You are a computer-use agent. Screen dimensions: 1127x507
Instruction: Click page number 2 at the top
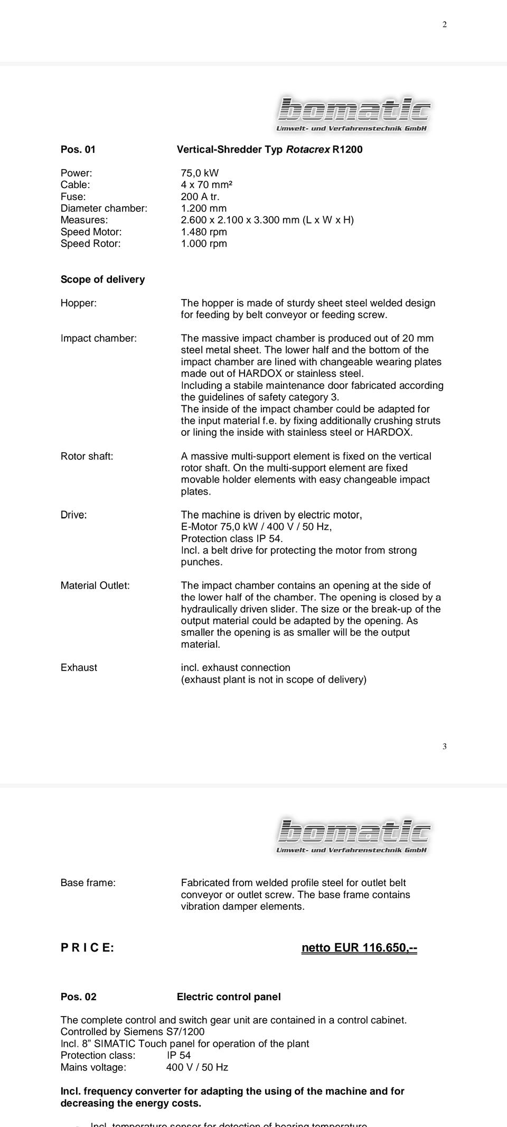(x=445, y=24)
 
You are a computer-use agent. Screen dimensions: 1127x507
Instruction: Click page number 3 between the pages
(x=445, y=747)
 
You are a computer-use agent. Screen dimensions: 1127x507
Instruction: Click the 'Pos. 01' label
(x=78, y=150)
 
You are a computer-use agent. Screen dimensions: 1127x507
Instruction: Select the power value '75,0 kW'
(x=200, y=173)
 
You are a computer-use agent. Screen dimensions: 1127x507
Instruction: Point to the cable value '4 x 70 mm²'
(x=206, y=185)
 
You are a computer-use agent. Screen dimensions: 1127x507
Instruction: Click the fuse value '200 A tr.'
(x=200, y=197)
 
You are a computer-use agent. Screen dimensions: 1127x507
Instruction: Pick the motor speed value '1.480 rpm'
(x=204, y=232)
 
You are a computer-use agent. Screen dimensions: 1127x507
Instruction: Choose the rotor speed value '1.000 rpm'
(x=204, y=244)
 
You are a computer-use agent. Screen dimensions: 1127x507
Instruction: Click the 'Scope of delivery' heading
(x=102, y=280)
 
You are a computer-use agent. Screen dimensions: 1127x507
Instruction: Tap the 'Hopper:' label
(x=79, y=303)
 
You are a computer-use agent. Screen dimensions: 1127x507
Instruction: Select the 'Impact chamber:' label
(x=99, y=339)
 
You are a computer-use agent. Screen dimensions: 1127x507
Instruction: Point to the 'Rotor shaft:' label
(x=87, y=457)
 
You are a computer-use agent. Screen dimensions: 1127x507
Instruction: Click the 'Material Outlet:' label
(x=95, y=586)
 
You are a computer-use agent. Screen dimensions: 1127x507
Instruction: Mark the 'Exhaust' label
(x=79, y=668)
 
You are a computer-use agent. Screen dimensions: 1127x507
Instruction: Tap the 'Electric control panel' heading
(x=229, y=997)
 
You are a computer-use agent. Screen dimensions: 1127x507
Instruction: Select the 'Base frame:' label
(x=88, y=883)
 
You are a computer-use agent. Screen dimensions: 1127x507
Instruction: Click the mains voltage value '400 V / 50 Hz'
(x=197, y=1067)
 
